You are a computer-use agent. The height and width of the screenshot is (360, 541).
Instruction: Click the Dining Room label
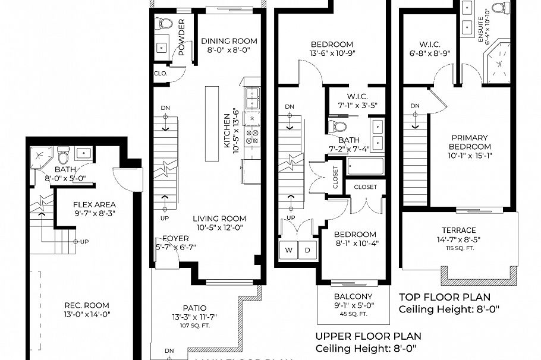[229, 41]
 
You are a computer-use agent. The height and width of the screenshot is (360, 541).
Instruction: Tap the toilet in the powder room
[163, 24]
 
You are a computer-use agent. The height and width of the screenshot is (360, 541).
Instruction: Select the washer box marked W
[289, 250]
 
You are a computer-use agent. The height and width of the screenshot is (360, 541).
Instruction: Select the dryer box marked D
[308, 250]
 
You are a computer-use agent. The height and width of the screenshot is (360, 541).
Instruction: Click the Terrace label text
[458, 230]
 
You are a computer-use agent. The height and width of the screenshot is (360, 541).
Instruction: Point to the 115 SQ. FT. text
[458, 248]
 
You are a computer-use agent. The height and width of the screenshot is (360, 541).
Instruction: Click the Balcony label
[353, 296]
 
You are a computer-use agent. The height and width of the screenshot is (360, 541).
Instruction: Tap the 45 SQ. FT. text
[353, 314]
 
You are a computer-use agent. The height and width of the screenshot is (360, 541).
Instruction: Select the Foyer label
[176, 238]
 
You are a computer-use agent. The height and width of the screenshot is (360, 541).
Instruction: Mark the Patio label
[195, 308]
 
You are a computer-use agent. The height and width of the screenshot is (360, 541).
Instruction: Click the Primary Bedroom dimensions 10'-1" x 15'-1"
[470, 156]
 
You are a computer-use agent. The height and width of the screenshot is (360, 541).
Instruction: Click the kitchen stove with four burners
[252, 137]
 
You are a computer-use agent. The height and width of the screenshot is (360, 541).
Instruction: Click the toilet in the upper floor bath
[338, 127]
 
